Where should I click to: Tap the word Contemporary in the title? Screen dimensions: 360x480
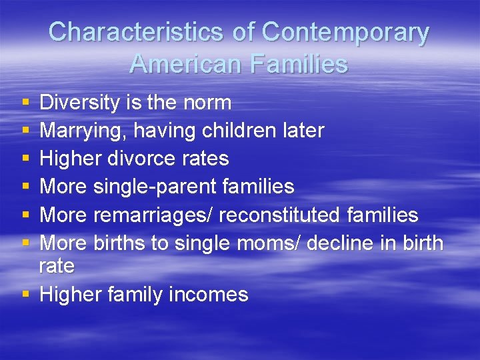pos(345,33)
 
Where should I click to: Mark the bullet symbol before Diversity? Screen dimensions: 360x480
pos(25,103)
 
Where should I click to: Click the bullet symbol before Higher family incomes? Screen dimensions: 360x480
pos(25,295)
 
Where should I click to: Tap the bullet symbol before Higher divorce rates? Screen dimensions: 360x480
pos(25,159)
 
